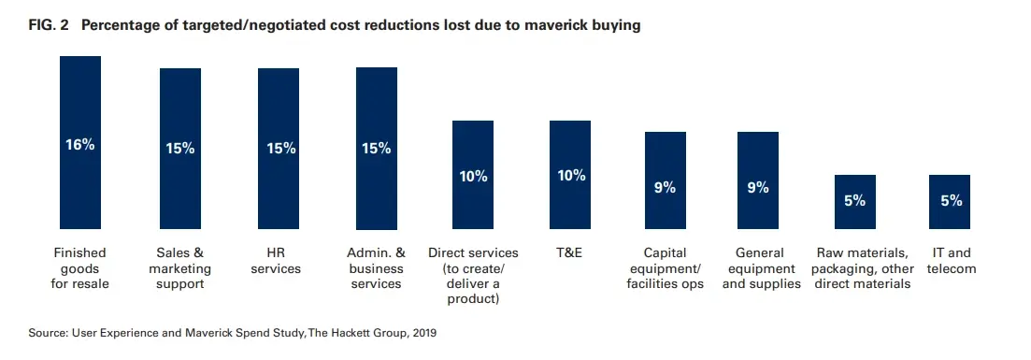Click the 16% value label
80,145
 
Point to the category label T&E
569,253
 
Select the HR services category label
279,261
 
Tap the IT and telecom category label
952,261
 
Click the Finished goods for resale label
80,268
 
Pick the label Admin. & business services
377,268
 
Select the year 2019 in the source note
422,332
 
